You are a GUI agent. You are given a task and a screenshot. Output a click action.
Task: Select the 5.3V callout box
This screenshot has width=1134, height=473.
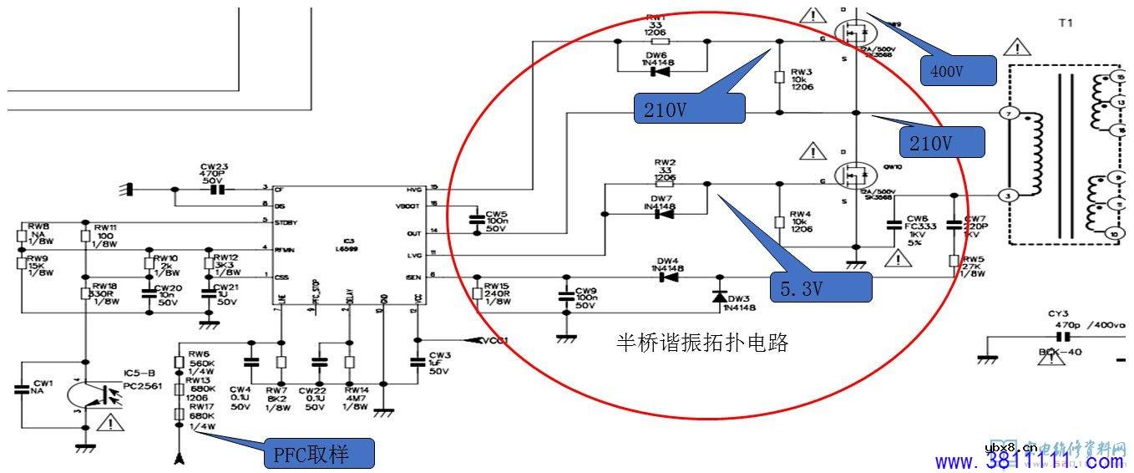click(x=820, y=288)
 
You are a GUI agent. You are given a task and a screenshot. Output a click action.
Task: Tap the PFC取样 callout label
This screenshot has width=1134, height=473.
click(x=318, y=455)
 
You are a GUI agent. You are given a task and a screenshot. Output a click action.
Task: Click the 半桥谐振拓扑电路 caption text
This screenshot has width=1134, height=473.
click(x=702, y=342)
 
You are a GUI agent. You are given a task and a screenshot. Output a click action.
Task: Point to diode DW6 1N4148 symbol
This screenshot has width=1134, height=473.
click(x=660, y=71)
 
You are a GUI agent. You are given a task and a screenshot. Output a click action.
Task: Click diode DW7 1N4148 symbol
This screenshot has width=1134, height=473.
click(x=663, y=214)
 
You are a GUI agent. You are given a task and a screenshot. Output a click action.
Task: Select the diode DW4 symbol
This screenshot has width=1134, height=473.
click(x=666, y=277)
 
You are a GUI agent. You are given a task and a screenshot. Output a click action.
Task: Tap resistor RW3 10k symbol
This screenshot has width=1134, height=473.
click(x=779, y=77)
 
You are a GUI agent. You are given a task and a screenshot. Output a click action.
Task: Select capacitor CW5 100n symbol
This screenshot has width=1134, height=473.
click(x=476, y=219)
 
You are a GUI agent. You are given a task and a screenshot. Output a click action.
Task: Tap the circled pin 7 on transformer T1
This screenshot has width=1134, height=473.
click(x=1007, y=113)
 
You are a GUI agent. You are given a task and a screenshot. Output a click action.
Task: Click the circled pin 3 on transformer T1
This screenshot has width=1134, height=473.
click(x=1007, y=194)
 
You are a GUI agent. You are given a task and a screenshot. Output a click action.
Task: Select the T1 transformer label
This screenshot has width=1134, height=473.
click(x=1065, y=24)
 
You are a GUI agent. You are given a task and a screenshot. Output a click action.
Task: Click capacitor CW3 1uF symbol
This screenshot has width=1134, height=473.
click(x=417, y=362)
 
